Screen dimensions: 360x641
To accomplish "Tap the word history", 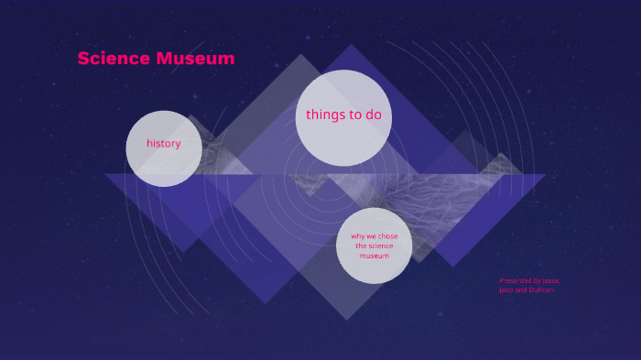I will (x=164, y=144).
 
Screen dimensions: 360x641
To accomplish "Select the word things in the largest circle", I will (x=325, y=115).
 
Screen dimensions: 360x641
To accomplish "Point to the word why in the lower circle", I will (x=357, y=236).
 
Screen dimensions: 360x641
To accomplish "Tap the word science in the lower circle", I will (x=380, y=245).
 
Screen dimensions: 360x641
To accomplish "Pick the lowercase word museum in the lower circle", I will (x=374, y=256).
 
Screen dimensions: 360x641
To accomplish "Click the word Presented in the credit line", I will (x=514, y=280).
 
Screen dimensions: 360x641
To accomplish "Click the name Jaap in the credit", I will (x=506, y=289).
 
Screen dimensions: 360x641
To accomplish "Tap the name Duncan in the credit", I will (x=541, y=289).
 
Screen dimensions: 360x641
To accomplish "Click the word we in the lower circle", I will (x=371, y=236).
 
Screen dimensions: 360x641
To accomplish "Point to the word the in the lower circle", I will (x=361, y=245).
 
